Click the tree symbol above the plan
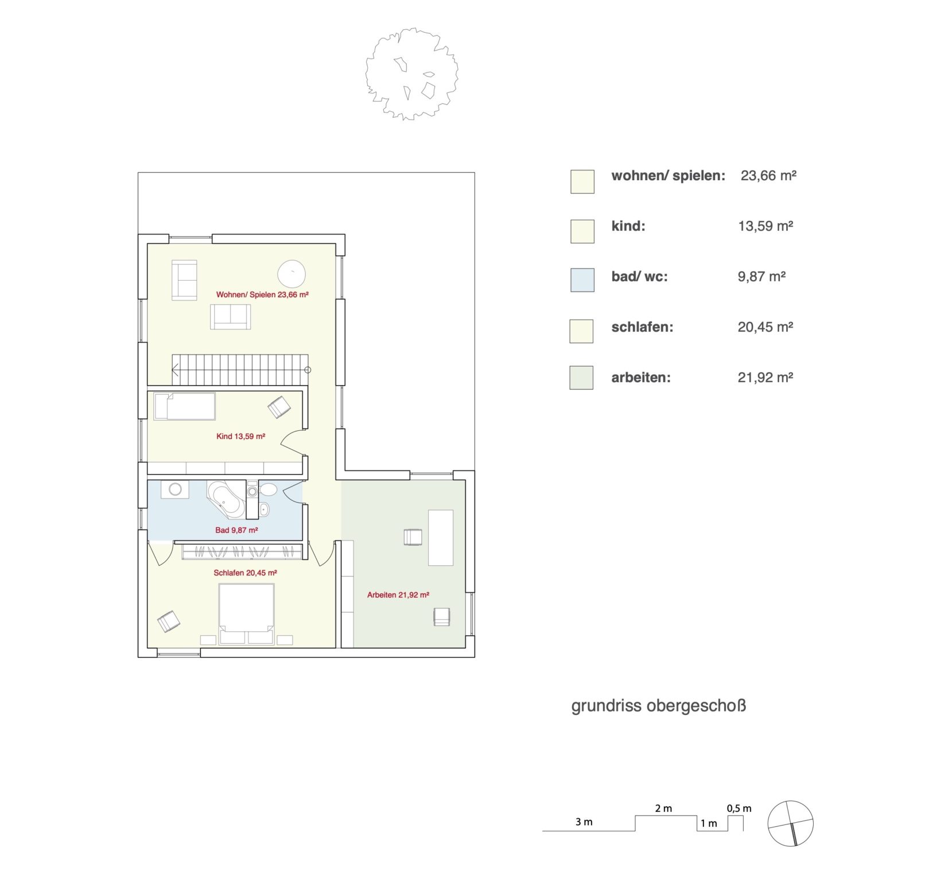[411, 74]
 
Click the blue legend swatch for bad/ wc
[582, 280]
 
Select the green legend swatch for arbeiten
[581, 378]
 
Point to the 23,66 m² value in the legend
[768, 176]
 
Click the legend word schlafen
[642, 327]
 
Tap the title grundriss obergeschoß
[658, 706]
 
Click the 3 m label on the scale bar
[584, 822]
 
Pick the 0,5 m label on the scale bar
[739, 808]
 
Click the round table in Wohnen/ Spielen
[292, 274]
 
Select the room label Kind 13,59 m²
[240, 436]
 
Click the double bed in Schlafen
[247, 613]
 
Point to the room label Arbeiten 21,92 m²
[398, 595]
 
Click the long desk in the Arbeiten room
[441, 538]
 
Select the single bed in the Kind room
[185, 406]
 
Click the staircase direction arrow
[175, 370]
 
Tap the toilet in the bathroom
[268, 490]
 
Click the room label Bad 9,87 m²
[236, 530]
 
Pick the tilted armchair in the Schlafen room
[169, 622]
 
